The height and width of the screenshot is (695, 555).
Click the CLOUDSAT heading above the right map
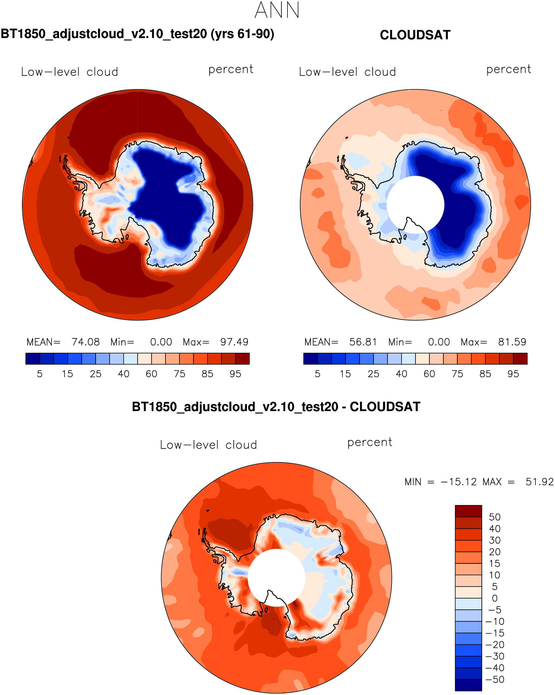pos(415,35)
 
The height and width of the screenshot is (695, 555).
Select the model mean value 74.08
pos(85,342)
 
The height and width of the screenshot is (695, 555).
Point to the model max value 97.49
pos(234,342)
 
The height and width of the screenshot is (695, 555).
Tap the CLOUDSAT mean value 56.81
pos(363,342)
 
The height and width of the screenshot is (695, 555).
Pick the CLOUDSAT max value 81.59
pos(512,342)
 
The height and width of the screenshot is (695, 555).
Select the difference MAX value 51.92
pos(539,482)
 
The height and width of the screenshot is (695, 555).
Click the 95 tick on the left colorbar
pos(235,374)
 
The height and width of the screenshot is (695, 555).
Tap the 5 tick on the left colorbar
pos(40,374)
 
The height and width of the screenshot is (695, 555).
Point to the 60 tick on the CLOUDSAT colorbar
pos(429,374)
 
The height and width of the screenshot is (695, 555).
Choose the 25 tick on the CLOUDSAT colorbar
pos(374,374)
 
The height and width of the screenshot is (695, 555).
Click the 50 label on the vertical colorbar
pos(494,517)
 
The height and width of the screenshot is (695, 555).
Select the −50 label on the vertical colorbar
pos(494,680)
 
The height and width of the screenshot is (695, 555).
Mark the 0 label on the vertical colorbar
pos(495,598)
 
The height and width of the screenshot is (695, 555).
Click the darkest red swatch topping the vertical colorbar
pos(468,511)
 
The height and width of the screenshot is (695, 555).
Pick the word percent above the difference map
pos(370,443)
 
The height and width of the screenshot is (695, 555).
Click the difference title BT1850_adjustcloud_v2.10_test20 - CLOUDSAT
pos(276,407)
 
